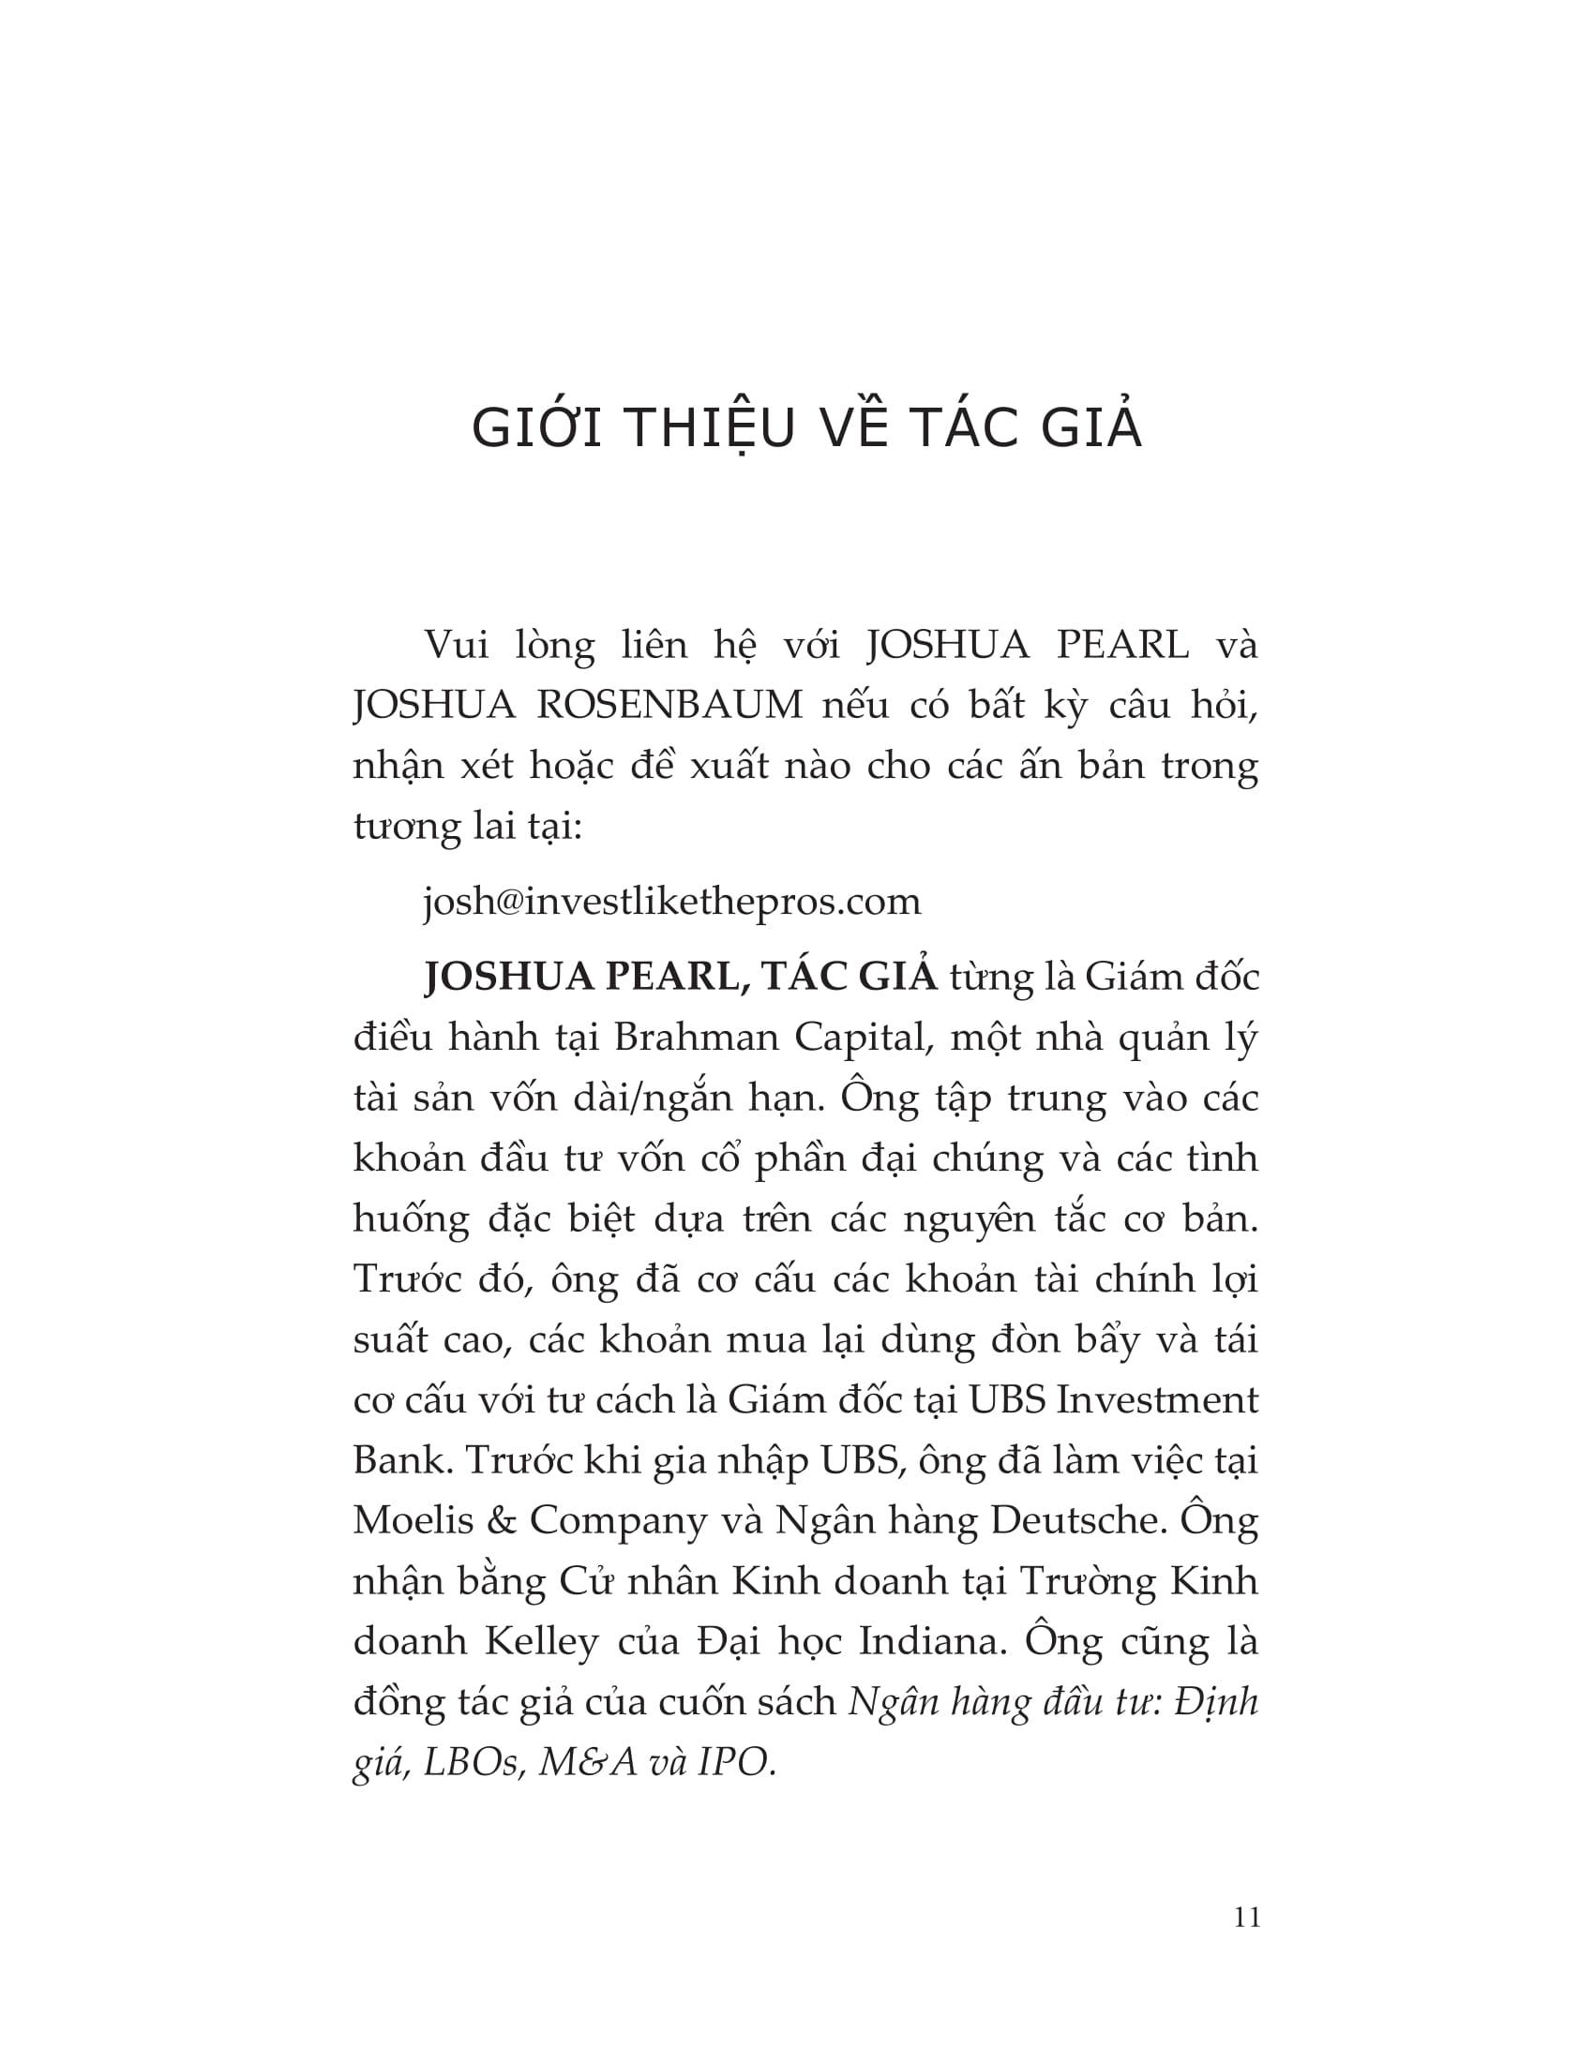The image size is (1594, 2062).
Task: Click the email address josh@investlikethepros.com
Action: (671, 902)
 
